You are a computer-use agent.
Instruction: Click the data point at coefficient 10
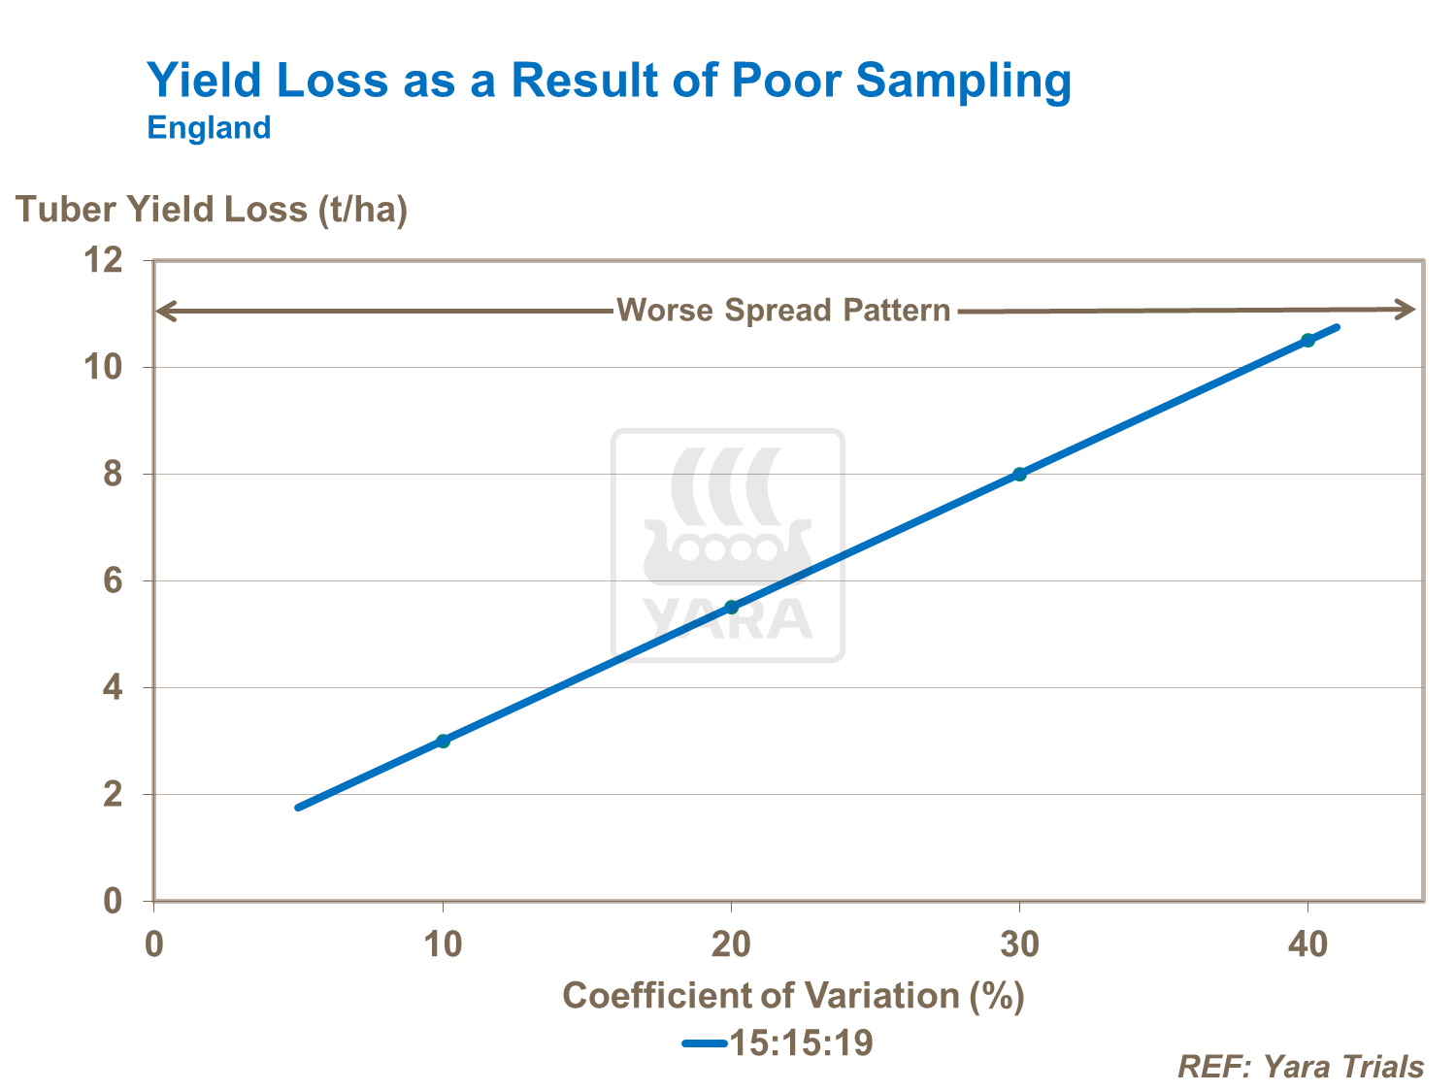[443, 741]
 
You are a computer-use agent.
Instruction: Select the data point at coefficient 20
[732, 607]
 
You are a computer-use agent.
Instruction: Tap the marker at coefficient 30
[1019, 474]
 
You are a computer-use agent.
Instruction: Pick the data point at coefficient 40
[1307, 340]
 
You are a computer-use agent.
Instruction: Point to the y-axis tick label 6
[113, 580]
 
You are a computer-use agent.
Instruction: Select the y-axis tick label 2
[113, 794]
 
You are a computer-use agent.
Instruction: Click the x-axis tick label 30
[1019, 943]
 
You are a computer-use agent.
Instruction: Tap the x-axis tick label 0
[153, 943]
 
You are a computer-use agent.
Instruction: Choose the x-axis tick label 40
[1307, 943]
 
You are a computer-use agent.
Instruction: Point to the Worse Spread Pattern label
[783, 311]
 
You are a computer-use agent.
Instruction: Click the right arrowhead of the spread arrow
[1407, 310]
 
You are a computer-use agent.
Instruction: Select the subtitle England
[209, 128]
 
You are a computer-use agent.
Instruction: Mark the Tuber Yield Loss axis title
[212, 209]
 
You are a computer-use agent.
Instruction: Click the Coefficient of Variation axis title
[793, 995]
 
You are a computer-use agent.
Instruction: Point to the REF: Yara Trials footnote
[1301, 1067]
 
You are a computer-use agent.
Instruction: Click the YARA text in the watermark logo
[726, 619]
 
